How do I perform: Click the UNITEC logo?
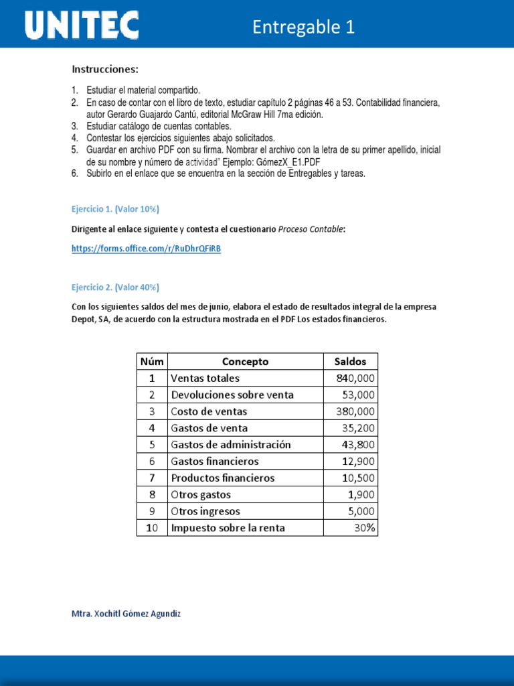pos(82,26)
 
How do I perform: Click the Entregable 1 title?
pos(303,27)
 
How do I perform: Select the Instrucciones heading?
pos(105,69)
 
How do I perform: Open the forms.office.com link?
pos(146,249)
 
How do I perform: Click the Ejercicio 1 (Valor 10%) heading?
pos(115,209)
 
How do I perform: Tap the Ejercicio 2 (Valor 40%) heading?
pos(115,287)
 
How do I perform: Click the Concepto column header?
pos(245,362)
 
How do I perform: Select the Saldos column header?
pos(350,362)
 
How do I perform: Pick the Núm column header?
pos(152,362)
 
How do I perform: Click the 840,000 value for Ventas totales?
pos(355,378)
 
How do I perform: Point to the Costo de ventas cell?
pos(209,411)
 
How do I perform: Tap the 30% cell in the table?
pos(365,528)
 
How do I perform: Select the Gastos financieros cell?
pos(215,462)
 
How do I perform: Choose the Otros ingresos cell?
pos(205,511)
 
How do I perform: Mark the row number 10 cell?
pos(152,528)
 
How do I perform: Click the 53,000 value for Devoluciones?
pos(357,395)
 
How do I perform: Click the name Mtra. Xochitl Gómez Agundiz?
pos(126,614)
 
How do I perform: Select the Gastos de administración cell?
pos(231,445)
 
